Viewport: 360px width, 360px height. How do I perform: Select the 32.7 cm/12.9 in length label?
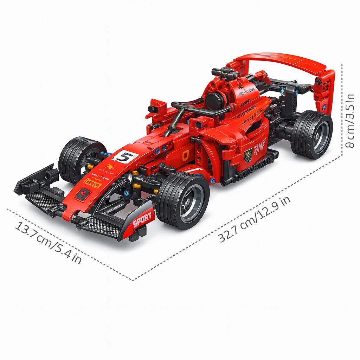pos(255,219)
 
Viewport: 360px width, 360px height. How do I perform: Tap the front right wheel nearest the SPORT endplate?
pos(182,200)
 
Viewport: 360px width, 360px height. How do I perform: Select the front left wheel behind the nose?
pos(79,158)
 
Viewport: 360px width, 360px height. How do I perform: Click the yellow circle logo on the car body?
pos(186,154)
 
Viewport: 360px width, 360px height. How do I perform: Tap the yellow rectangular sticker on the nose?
pos(92,183)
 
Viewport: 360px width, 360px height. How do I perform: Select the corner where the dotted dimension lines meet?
pos(133,280)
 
